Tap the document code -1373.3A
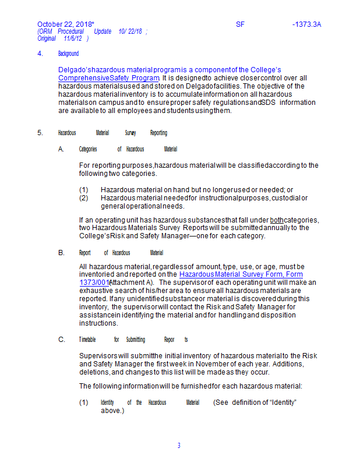[306, 24]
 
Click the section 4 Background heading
[68, 54]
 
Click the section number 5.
[40, 133]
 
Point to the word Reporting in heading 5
[158, 133]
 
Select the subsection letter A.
[61, 149]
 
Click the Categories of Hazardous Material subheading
[128, 149]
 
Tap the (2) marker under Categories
[84, 198]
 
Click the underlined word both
[277, 220]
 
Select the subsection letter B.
[61, 253]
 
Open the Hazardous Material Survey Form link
[241, 274]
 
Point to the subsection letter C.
[61, 340]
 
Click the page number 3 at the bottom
[179, 446]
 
